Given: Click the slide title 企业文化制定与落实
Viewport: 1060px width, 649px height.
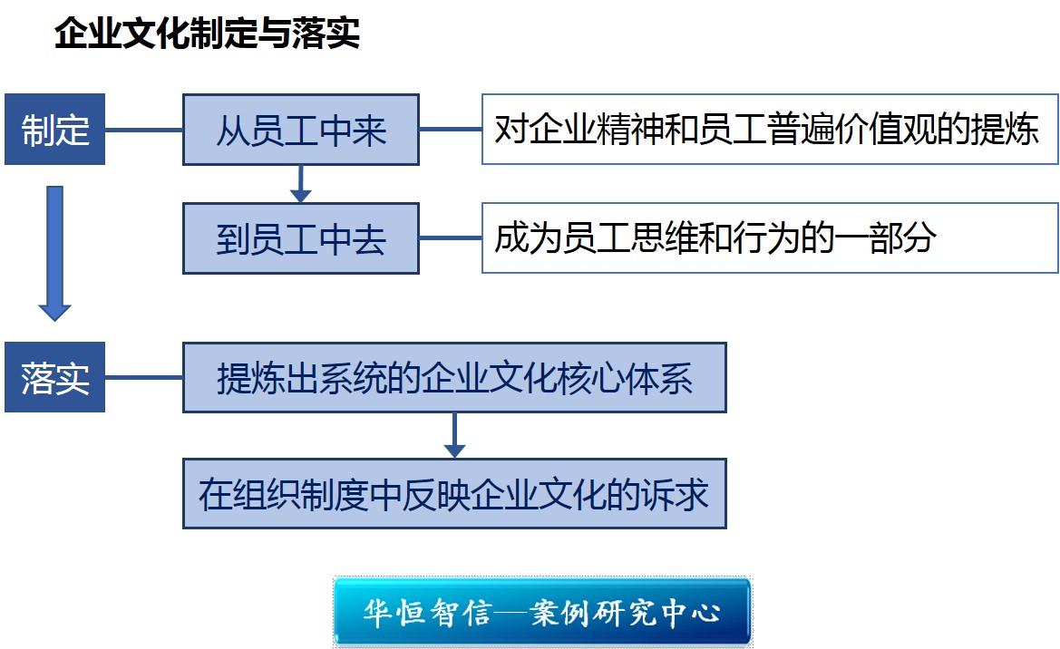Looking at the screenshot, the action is coord(207,34).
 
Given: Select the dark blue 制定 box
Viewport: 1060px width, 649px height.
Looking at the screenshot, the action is coord(54,129).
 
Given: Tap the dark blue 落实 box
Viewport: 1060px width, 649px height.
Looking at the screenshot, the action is coord(54,377).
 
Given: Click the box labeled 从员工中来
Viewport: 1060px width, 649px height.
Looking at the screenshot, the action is coord(301,130).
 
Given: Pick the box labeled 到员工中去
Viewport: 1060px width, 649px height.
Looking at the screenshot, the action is coord(301,238).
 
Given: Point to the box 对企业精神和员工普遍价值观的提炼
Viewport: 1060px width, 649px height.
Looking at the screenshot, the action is coord(770,129).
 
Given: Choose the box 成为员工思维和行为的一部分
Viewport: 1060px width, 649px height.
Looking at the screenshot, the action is coord(770,238).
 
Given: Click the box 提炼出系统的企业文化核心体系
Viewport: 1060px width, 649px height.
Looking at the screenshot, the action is coord(454,378).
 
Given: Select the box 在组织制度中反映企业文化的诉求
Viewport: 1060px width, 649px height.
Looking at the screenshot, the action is coord(454,493).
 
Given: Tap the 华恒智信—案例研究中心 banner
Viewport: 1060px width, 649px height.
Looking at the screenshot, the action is coord(542,612).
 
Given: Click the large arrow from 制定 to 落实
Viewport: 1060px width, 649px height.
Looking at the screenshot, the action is coord(54,254).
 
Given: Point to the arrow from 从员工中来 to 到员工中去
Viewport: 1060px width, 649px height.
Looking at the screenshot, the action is coord(301,184).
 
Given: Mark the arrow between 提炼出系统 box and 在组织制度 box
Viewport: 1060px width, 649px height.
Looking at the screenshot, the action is coord(454,435).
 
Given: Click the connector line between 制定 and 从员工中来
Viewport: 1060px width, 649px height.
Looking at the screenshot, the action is coord(144,129).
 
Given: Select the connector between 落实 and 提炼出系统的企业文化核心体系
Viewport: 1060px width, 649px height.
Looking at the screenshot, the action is coord(144,377).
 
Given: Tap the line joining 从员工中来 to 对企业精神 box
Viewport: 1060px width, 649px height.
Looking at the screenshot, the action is coord(451,129).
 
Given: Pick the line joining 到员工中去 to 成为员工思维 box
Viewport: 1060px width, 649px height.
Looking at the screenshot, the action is coord(451,238).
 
